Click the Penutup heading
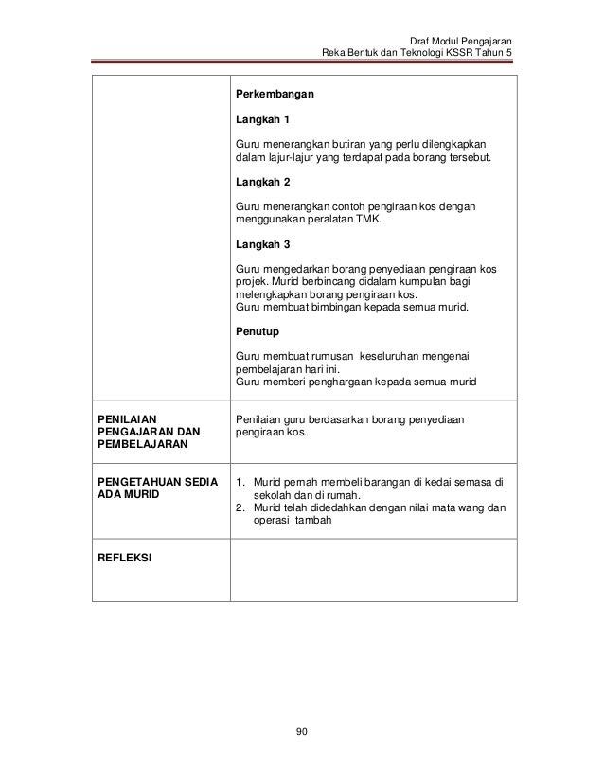click(x=257, y=332)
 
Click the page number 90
click(x=302, y=730)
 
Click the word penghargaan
click(x=324, y=382)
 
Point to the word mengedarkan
click(x=291, y=269)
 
